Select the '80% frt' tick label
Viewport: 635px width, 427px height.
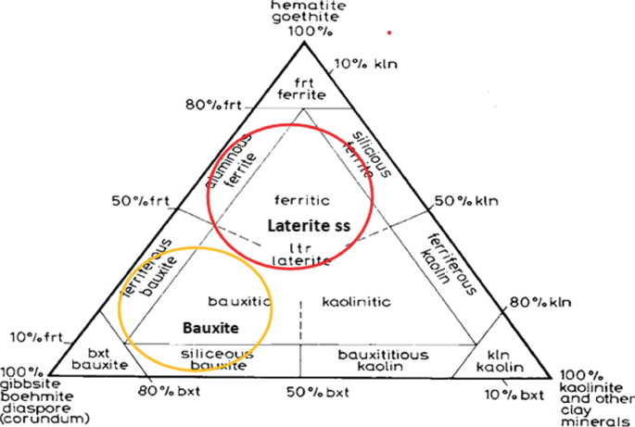[x=212, y=105]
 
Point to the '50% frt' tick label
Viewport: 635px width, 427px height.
[x=136, y=201]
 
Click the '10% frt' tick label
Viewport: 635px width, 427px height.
[x=36, y=336]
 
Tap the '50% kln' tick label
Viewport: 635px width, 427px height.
[x=468, y=201]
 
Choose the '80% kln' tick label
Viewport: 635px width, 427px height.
[x=541, y=302]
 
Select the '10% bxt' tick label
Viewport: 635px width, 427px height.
[x=514, y=395]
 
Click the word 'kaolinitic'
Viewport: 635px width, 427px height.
[x=357, y=302]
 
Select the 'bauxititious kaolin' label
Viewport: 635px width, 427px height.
[x=383, y=361]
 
